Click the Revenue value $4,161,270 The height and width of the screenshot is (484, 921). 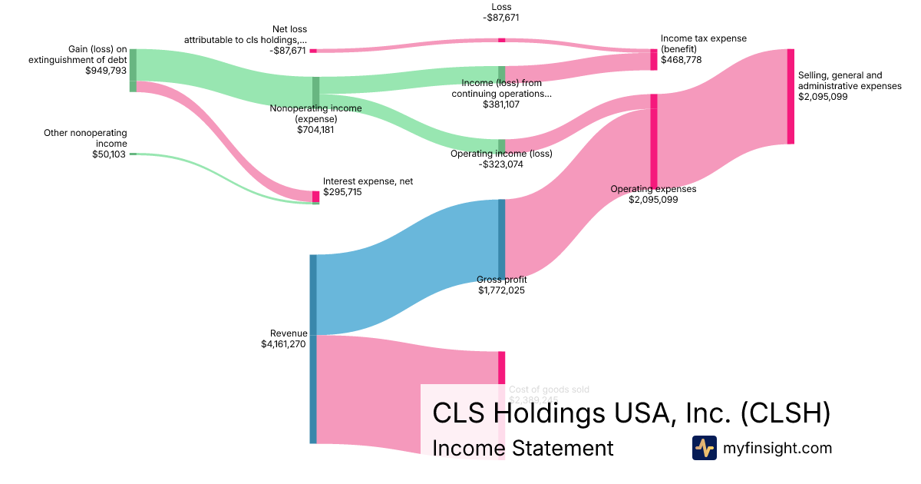click(x=284, y=344)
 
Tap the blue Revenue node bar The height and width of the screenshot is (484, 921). click(x=313, y=349)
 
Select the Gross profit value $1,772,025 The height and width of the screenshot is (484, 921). click(x=501, y=290)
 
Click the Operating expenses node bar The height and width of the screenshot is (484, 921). click(x=654, y=141)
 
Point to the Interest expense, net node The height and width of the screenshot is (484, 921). click(x=315, y=197)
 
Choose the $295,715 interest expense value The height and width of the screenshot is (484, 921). click(x=342, y=192)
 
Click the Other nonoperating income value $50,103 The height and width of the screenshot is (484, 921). click(x=109, y=154)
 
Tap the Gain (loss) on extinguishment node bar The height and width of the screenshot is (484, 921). click(x=133, y=70)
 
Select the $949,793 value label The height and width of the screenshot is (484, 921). click(x=106, y=71)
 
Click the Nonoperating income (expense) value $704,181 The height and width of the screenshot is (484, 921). click(x=315, y=130)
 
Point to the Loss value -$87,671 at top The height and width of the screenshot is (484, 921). click(x=501, y=17)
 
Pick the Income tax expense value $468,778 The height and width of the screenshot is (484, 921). click(x=681, y=59)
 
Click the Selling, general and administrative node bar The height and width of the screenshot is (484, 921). click(x=791, y=96)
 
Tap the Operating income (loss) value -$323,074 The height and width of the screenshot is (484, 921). click(x=500, y=164)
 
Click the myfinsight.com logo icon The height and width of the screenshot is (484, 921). click(x=704, y=448)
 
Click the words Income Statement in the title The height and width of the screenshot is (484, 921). click(x=523, y=448)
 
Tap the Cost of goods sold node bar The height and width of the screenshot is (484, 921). click(x=501, y=369)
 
